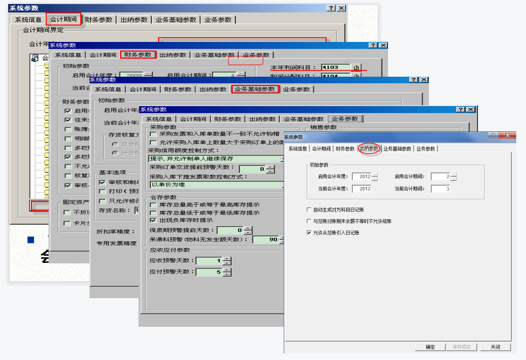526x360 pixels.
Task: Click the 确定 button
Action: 430,347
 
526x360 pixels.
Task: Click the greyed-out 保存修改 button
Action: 462,347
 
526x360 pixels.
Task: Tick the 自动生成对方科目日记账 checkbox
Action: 308,210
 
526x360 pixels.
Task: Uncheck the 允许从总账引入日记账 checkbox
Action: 308,233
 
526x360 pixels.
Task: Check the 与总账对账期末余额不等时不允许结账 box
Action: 308,221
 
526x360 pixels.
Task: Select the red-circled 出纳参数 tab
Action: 369,149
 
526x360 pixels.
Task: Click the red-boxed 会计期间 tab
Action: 64,19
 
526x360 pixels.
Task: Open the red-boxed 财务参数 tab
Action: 138,55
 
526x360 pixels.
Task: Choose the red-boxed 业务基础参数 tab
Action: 255,89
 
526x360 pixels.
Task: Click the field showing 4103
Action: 335,67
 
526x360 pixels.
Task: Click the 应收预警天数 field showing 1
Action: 209,261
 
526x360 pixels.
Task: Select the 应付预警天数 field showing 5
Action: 209,272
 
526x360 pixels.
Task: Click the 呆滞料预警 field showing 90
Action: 265,239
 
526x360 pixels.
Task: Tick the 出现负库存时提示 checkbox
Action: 153,220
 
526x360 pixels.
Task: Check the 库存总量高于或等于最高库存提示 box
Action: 153,205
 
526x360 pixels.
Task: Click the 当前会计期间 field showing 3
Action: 440,189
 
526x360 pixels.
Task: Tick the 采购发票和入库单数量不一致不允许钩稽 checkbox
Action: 153,134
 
